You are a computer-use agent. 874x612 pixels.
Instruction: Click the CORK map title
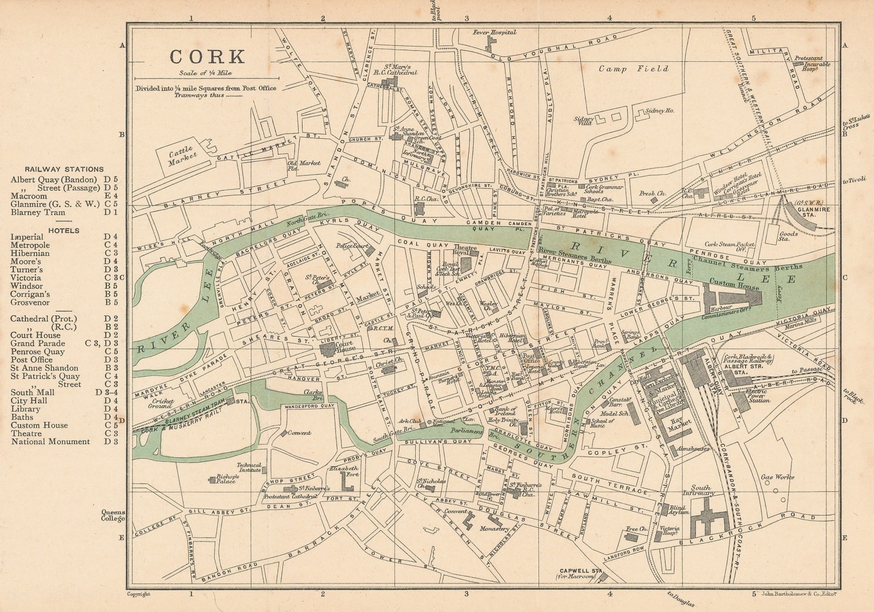[207, 56]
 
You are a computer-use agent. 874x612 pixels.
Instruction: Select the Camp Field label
[633, 69]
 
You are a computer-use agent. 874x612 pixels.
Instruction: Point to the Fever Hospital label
[494, 33]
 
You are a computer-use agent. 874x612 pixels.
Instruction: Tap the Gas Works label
[778, 477]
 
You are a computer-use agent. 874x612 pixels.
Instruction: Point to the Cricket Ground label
[163, 404]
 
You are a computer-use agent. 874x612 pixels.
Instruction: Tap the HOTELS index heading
[63, 231]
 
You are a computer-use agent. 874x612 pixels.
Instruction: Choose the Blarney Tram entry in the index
[38, 213]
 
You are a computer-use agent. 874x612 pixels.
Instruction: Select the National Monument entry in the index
[50, 442]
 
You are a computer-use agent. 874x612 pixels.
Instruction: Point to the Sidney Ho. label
[659, 110]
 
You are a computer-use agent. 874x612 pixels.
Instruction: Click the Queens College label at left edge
[113, 515]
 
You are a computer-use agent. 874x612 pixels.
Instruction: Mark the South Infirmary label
[701, 490]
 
